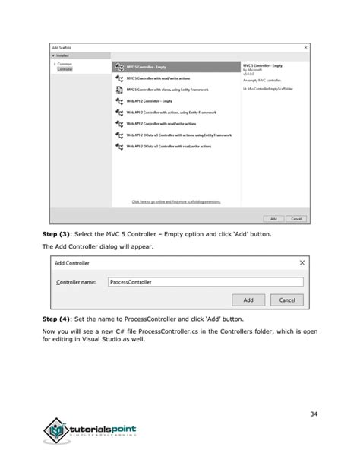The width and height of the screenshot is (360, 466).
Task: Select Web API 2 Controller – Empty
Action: tap(152, 100)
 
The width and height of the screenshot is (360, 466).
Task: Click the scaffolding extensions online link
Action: tap(176, 201)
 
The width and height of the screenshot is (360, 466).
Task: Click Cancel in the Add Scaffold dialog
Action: tap(295, 218)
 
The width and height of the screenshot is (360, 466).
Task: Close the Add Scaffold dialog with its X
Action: tap(306, 47)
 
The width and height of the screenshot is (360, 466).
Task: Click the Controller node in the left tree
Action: tap(65, 68)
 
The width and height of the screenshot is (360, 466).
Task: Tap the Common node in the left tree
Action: tap(65, 64)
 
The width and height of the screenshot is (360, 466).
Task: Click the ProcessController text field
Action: tap(205, 281)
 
